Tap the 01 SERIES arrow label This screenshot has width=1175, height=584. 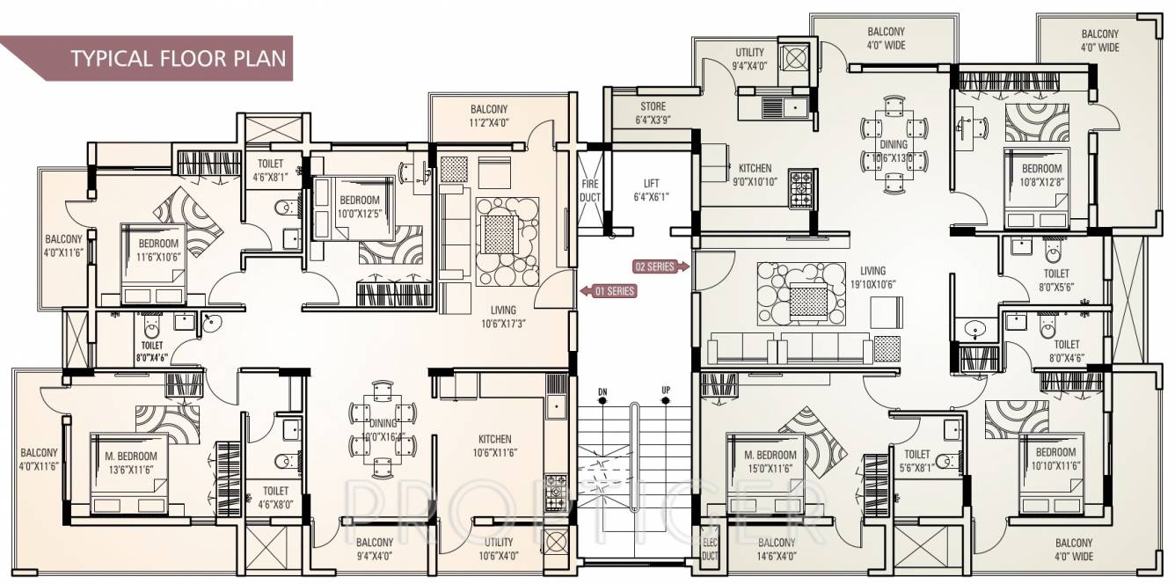click(x=608, y=290)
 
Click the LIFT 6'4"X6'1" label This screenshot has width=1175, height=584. click(x=651, y=191)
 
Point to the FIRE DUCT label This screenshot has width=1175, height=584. click(x=589, y=191)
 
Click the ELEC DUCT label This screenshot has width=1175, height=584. click(x=710, y=550)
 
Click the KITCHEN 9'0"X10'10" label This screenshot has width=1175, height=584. click(x=755, y=175)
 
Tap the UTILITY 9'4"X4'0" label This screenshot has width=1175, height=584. click(x=749, y=59)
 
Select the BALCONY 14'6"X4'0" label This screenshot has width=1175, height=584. click(x=776, y=550)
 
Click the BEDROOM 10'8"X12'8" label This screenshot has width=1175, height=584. click(x=1041, y=175)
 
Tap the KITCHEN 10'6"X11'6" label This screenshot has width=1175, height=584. click(x=494, y=446)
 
